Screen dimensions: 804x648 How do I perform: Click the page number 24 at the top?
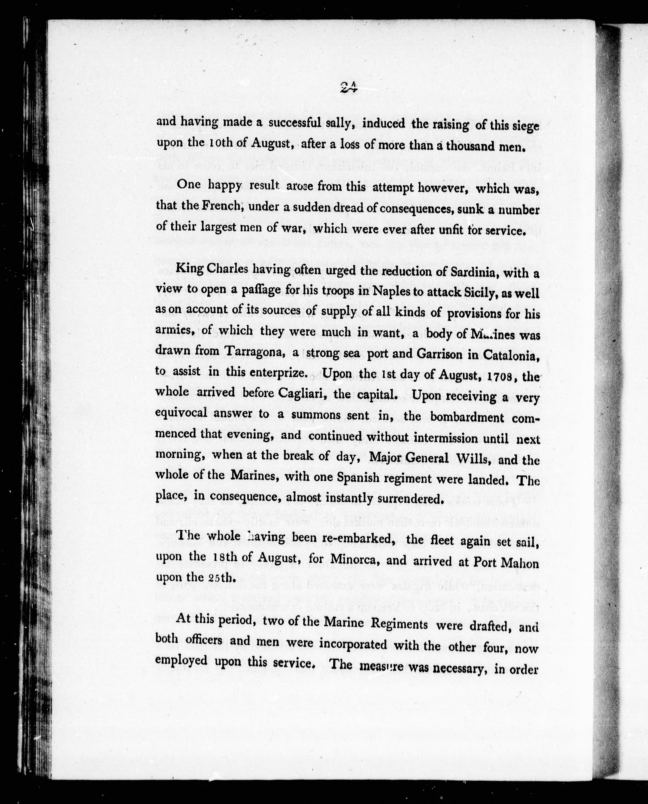[x=349, y=88]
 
